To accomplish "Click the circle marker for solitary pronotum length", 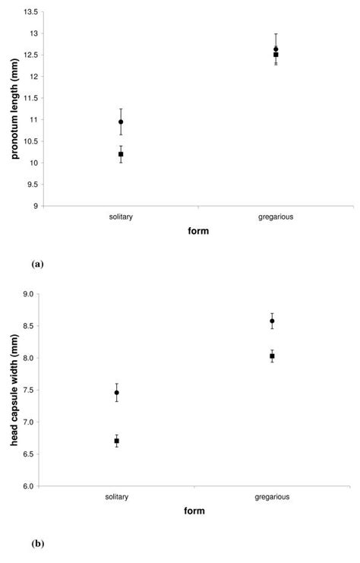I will (x=121, y=122).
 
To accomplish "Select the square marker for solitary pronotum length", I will (x=121, y=154).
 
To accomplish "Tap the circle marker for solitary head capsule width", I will (x=116, y=393).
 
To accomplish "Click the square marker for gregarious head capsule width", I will (x=272, y=356).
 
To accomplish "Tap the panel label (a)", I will (x=39, y=264).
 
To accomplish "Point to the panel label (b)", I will (x=39, y=544).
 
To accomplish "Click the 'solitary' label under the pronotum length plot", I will (x=120, y=217).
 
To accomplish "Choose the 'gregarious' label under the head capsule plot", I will (x=272, y=497).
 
